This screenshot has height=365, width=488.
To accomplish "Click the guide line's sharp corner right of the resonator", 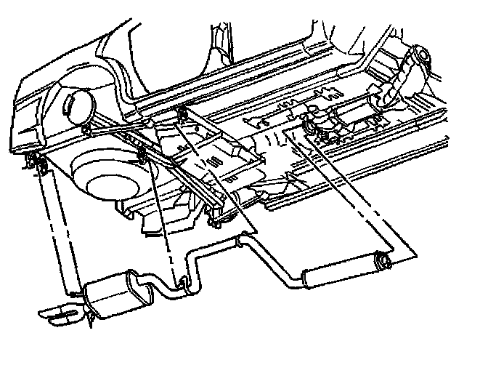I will pos(415,254).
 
